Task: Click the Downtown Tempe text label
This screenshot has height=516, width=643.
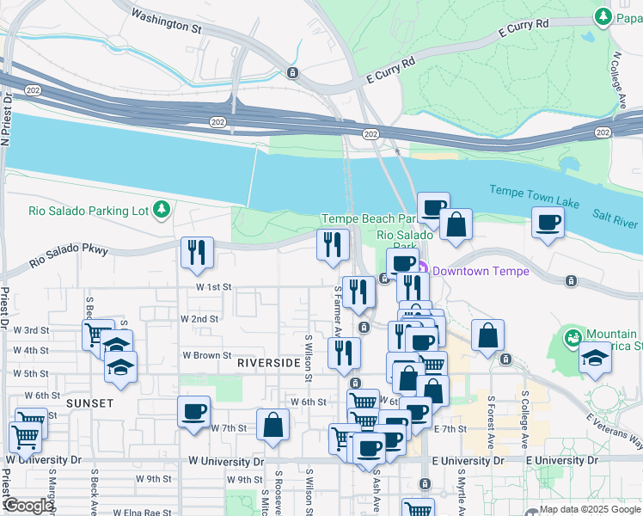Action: coord(481,271)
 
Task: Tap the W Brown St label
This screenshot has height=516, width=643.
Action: coord(206,354)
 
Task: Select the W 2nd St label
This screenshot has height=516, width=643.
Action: coord(199,318)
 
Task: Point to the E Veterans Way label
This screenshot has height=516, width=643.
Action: coord(614,431)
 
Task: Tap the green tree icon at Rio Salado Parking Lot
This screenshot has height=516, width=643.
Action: coord(161,209)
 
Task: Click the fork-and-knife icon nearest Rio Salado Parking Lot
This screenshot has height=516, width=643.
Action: coord(197,251)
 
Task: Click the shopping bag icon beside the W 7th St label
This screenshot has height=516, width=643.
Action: coord(273,424)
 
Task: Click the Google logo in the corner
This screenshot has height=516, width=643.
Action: coord(28,506)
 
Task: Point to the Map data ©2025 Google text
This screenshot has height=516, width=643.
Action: coord(590,509)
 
